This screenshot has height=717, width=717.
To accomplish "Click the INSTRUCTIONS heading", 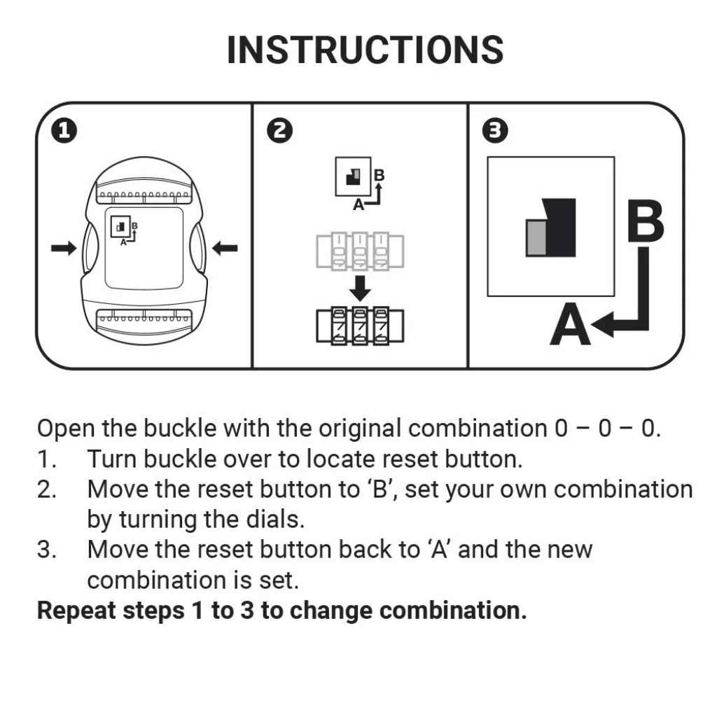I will pos(365,50).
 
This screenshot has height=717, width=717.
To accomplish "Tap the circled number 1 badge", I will pos(64,130).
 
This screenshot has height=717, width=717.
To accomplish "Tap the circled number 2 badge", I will pos(280,130).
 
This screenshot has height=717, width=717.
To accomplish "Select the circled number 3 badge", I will pos(496,130).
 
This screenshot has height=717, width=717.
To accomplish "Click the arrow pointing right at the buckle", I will pos(64,247).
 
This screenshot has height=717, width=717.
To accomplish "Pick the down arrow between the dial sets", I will pos(360,287).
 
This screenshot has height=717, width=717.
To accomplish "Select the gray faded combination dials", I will pos(360,251).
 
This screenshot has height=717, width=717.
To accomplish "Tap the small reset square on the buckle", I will pos(120,226).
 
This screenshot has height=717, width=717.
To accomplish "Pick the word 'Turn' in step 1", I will pos(111,459).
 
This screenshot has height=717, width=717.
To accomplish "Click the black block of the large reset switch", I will pos(560,227).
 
